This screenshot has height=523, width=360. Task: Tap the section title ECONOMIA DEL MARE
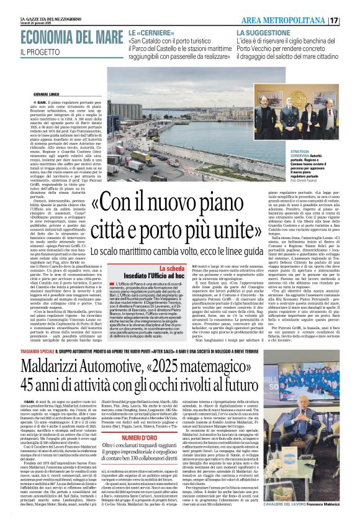62,37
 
